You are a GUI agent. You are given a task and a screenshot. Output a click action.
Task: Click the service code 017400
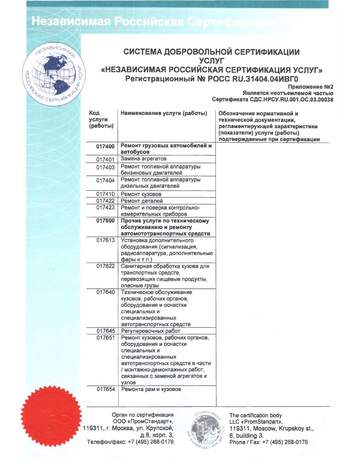click(105, 146)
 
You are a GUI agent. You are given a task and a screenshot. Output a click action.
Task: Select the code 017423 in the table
click(105, 207)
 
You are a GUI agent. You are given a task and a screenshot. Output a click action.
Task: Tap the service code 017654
click(106, 389)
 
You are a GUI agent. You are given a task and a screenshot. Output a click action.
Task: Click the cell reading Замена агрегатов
click(143, 159)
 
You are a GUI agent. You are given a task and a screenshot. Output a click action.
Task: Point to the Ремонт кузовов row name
click(141, 194)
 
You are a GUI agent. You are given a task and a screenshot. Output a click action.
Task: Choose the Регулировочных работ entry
click(150, 331)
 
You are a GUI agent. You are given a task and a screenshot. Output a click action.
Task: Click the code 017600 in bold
click(105, 221)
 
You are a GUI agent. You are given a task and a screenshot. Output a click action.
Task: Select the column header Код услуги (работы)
click(101, 119)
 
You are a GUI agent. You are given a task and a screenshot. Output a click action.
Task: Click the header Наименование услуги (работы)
click(164, 113)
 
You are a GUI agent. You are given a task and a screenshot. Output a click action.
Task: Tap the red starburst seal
click(51, 416)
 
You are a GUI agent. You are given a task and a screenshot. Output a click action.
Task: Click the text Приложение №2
click(310, 87)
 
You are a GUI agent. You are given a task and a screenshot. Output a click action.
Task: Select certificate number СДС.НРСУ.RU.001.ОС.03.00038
click(291, 99)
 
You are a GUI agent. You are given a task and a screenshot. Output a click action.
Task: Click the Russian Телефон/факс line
click(130, 442)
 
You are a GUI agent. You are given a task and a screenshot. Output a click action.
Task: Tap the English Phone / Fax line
click(268, 442)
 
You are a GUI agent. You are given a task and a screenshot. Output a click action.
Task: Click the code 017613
click(105, 240)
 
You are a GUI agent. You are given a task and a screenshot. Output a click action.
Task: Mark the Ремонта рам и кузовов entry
click(151, 389)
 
